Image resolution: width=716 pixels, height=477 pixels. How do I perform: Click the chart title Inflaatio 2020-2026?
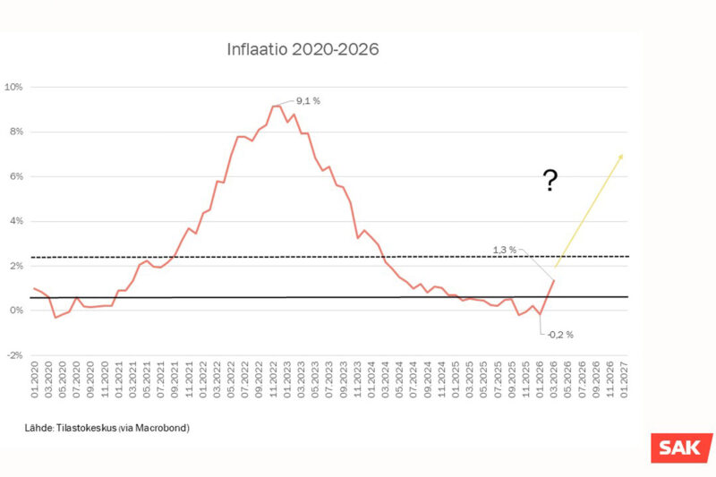click(x=303, y=50)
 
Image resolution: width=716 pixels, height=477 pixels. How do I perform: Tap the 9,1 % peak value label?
click(x=308, y=101)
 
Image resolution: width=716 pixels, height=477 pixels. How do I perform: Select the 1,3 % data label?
click(x=505, y=250)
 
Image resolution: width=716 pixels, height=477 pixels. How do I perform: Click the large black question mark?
click(x=551, y=183)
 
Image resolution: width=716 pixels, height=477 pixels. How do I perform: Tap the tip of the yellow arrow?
click(x=623, y=154)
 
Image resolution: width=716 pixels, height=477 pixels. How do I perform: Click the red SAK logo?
click(x=681, y=447)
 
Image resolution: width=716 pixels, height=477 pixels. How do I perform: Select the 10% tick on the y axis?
click(x=13, y=87)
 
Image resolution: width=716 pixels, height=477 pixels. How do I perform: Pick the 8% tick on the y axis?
click(x=15, y=132)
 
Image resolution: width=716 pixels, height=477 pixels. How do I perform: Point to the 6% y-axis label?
click(x=15, y=176)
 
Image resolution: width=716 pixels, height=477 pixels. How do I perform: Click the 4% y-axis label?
click(x=15, y=221)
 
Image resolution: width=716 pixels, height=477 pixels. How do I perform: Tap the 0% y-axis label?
click(x=15, y=311)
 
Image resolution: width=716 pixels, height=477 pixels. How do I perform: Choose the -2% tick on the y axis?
click(x=13, y=355)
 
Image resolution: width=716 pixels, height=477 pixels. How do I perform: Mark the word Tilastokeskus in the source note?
click(x=87, y=428)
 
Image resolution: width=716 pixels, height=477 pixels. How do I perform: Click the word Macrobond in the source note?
click(x=166, y=428)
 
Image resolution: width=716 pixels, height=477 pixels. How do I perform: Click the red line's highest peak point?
click(x=276, y=106)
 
